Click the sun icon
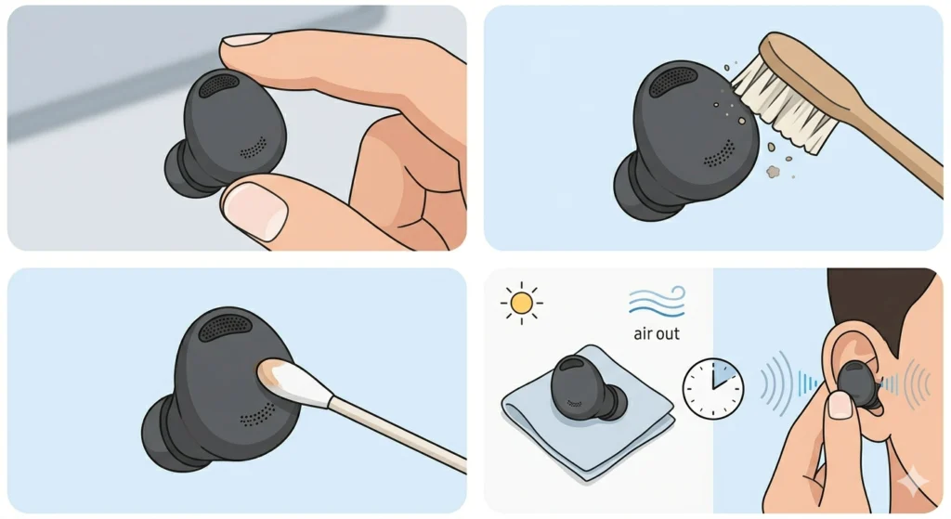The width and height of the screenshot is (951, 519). click(x=521, y=302)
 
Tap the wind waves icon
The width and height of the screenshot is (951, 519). click(x=657, y=302)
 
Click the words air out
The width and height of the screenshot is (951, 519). click(x=655, y=332)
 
